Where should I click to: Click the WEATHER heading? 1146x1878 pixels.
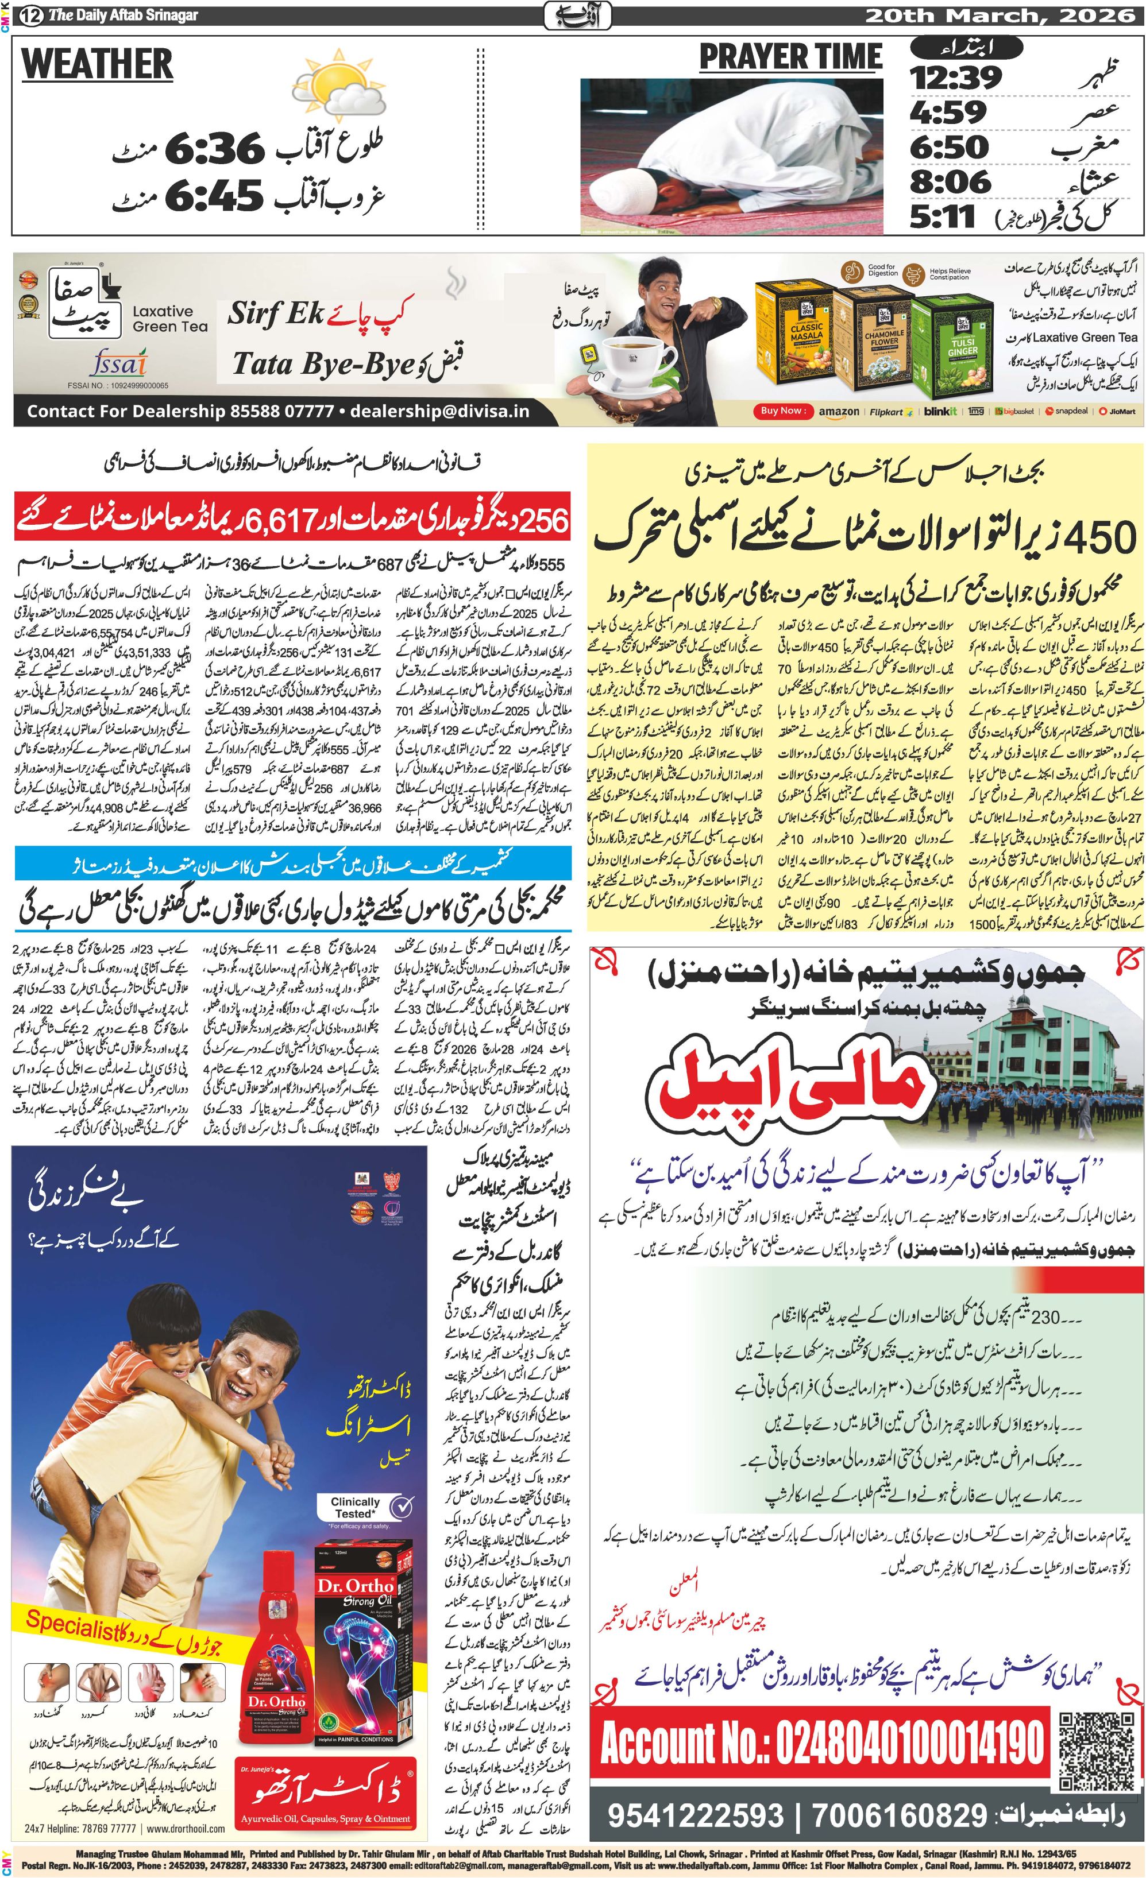(97, 63)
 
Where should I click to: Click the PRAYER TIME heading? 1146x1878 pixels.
(790, 57)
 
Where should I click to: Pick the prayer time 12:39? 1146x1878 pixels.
(955, 77)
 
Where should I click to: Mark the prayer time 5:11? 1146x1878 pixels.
(943, 216)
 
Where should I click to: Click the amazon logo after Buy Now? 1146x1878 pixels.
(839, 412)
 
